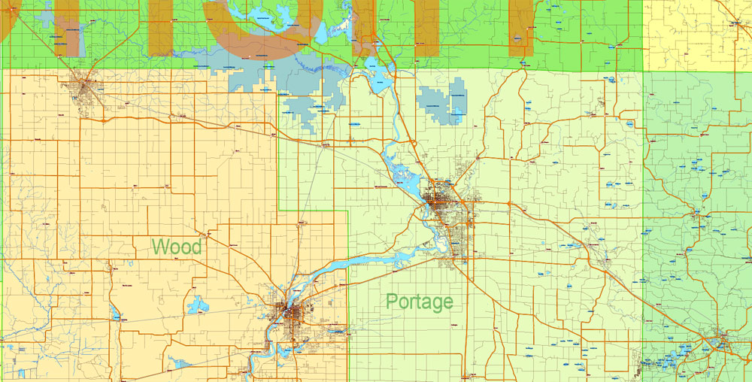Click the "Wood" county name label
(177, 247)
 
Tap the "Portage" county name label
(419, 302)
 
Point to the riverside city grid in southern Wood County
(290, 314)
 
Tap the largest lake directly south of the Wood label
(199, 305)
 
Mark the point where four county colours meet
(644, 72)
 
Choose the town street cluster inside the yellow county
(741, 19)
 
